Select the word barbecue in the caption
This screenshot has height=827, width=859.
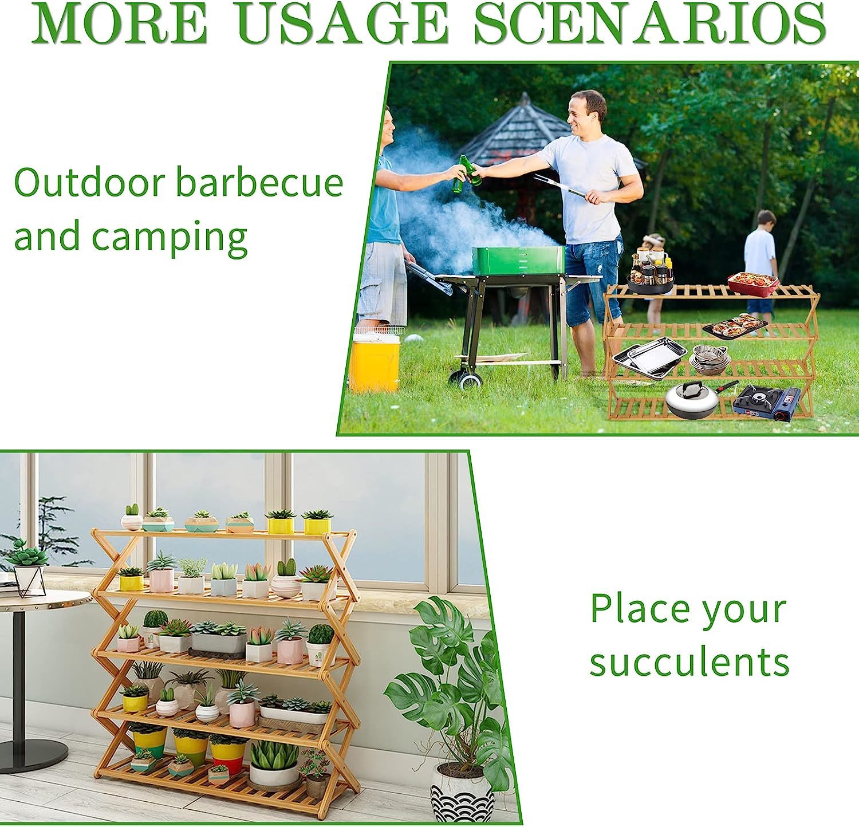[259, 183]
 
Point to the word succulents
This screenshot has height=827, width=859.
[689, 661]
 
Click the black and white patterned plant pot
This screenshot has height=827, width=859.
[462, 794]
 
